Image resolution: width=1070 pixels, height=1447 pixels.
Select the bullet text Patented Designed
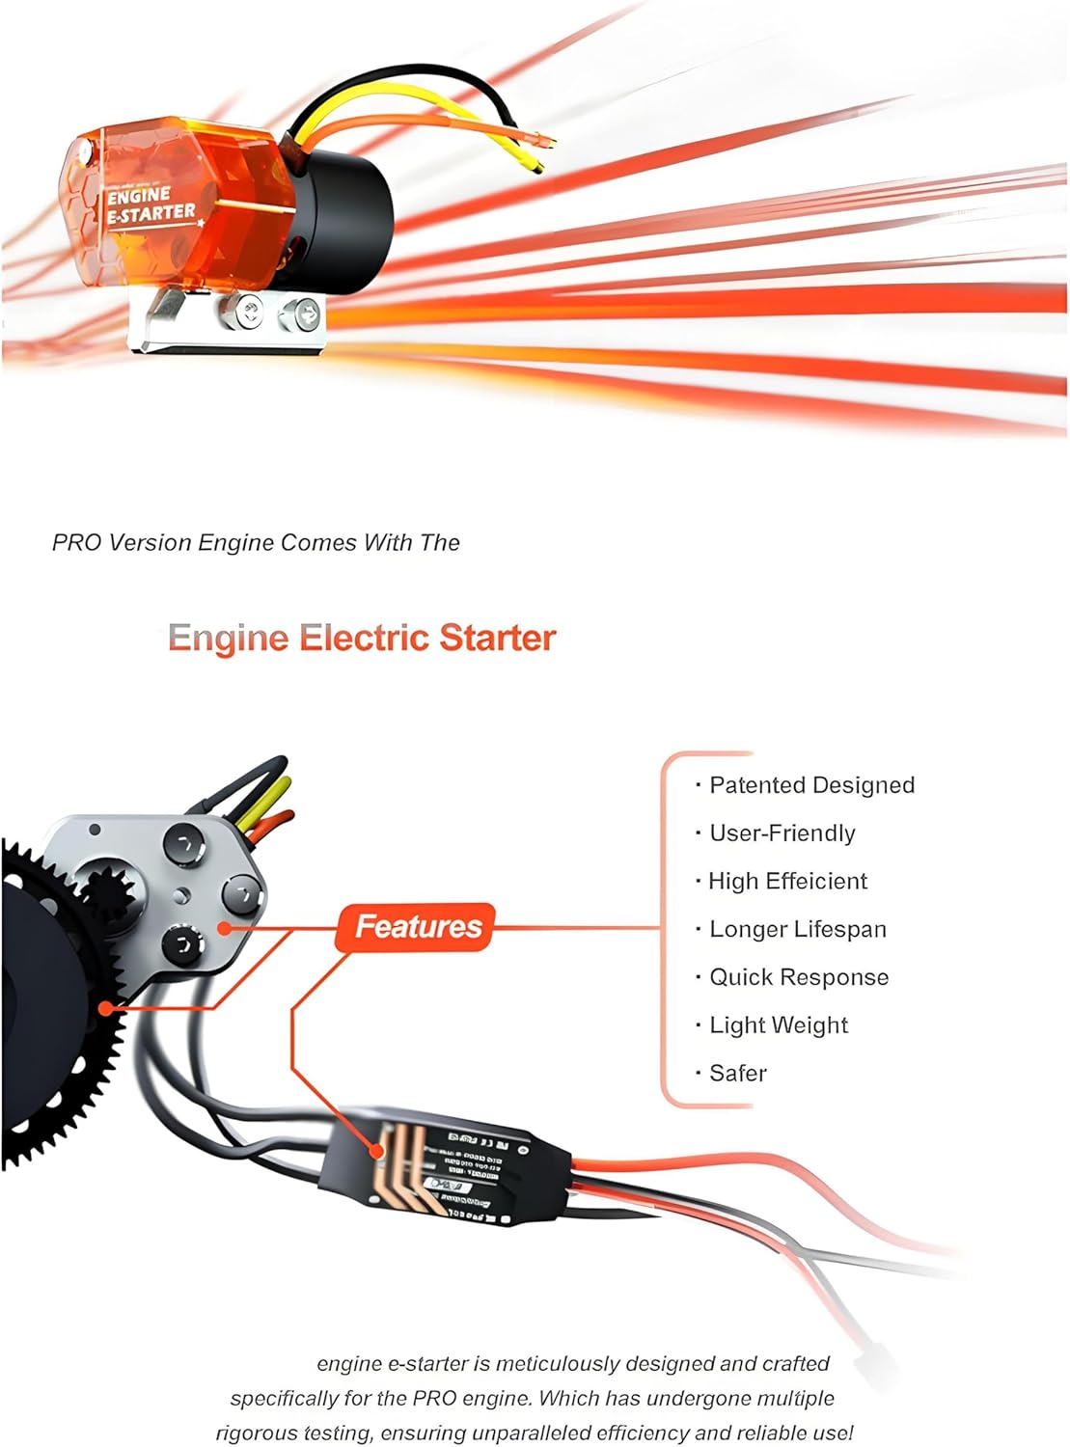811,785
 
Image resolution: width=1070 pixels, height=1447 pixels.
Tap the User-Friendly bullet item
782,833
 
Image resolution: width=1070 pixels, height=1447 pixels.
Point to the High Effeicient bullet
787,881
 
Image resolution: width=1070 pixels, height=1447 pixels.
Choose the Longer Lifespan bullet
797,929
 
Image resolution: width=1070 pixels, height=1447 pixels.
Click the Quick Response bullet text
798,977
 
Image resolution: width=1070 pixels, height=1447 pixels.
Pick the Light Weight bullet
778,1025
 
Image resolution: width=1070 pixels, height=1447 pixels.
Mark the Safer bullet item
737,1073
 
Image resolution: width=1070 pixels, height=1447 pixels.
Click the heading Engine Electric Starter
362,638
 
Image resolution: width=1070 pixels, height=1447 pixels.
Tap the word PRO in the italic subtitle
76,543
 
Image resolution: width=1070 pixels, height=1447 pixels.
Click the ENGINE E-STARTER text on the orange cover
150,205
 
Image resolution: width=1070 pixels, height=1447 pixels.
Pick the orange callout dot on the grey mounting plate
224,928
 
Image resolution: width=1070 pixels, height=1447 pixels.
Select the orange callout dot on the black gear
105,1008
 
